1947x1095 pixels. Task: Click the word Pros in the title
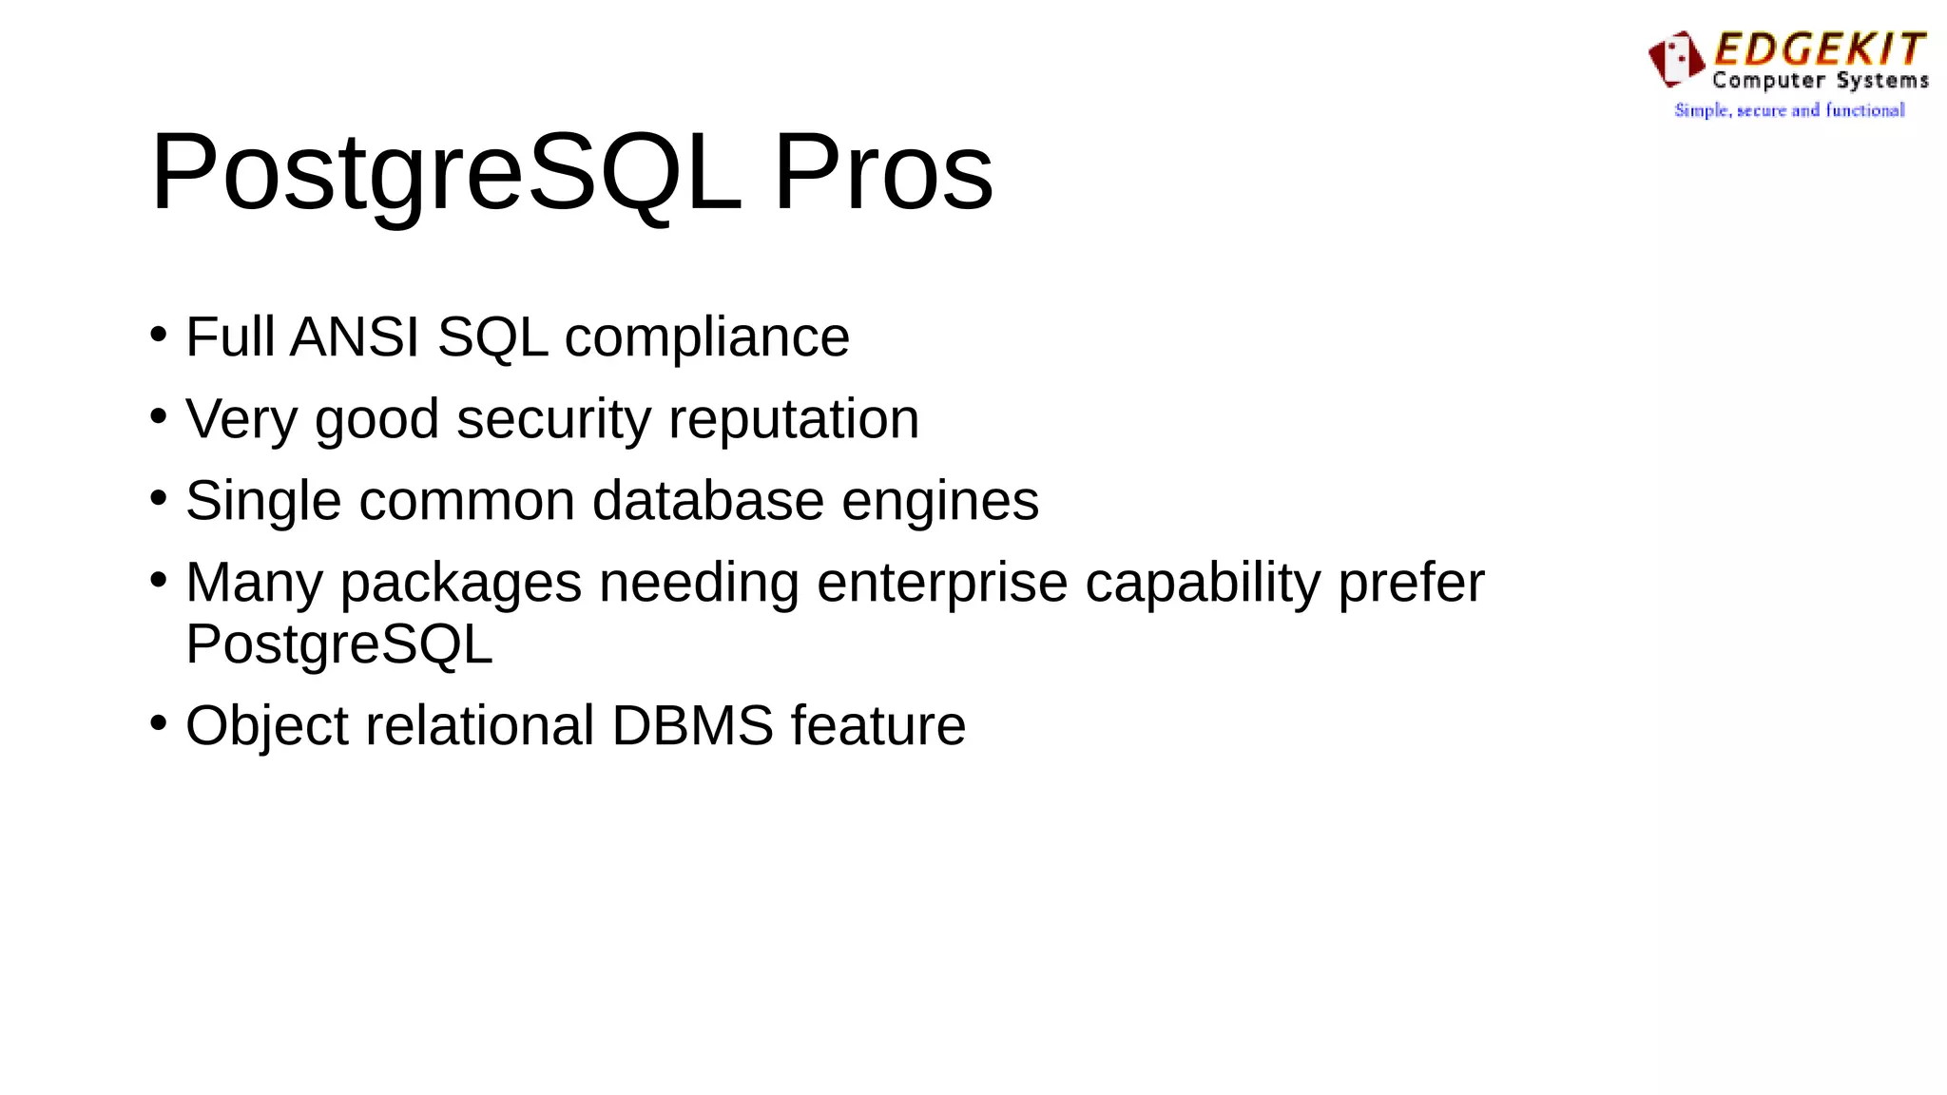[x=883, y=173]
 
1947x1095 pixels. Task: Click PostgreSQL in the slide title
[x=446, y=173]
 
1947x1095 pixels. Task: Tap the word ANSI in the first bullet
[x=355, y=336]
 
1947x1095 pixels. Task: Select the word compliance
[x=707, y=336]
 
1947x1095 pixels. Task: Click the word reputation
[x=794, y=419]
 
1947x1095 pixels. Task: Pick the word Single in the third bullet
[x=263, y=501]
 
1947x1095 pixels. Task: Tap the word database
[x=708, y=501]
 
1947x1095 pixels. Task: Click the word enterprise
[x=942, y=583]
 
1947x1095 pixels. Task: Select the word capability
[x=1203, y=583]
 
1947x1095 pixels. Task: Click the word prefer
[x=1411, y=583]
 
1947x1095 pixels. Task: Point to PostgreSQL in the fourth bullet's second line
[x=339, y=644]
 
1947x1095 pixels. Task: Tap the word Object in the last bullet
[x=267, y=726]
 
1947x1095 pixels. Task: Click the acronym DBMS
[x=693, y=726]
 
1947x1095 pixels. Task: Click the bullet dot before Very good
[x=159, y=415]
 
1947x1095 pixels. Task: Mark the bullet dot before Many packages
[x=159, y=579]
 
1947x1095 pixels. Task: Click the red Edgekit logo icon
[x=1676, y=58]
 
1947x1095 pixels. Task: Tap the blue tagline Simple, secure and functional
[x=1789, y=110]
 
